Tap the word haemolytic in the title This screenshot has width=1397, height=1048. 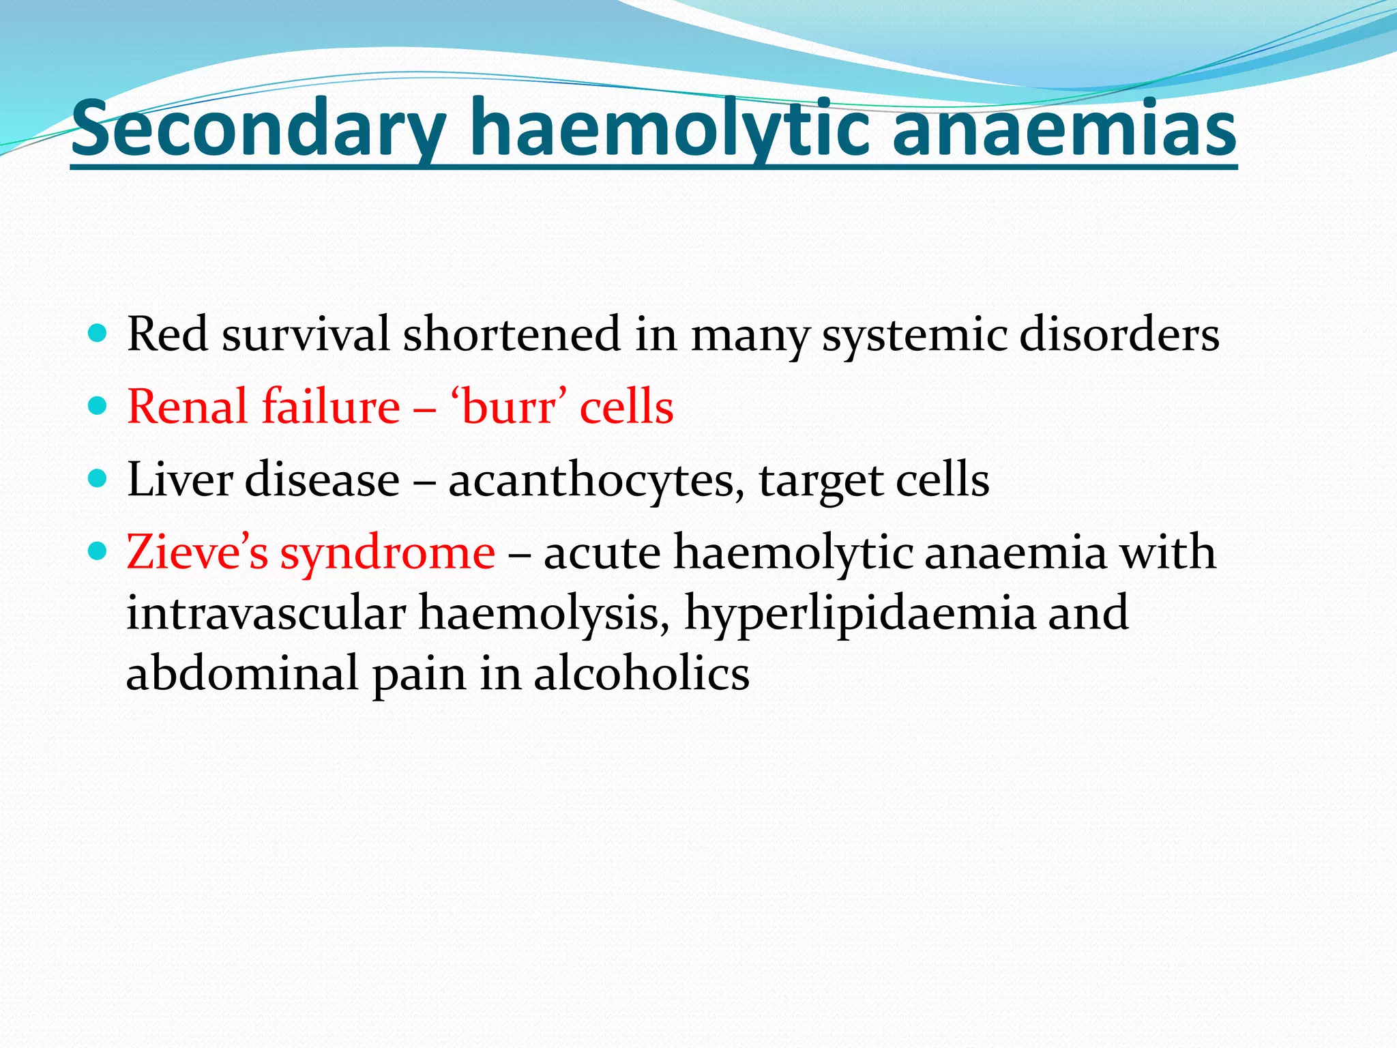click(670, 128)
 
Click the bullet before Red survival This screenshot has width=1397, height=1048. click(98, 334)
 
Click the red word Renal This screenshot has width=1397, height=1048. click(188, 407)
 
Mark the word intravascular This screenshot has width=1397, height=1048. click(266, 612)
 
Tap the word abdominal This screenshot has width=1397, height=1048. click(242, 673)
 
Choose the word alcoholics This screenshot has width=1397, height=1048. click(641, 673)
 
